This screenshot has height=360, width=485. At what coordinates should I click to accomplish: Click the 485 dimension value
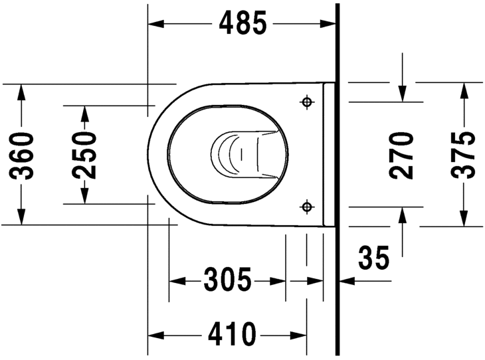242,24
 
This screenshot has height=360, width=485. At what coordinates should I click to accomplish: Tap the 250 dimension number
84,155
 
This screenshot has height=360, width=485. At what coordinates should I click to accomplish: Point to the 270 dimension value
402,155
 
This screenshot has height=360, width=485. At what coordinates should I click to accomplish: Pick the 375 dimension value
463,155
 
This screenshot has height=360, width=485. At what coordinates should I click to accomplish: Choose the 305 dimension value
227,280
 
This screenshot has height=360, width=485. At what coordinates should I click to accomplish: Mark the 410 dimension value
231,334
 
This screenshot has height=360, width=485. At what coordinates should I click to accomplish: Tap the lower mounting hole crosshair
306,207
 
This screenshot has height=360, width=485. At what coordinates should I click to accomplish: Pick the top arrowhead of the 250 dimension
84,112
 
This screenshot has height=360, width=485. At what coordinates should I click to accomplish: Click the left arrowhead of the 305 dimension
176,280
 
